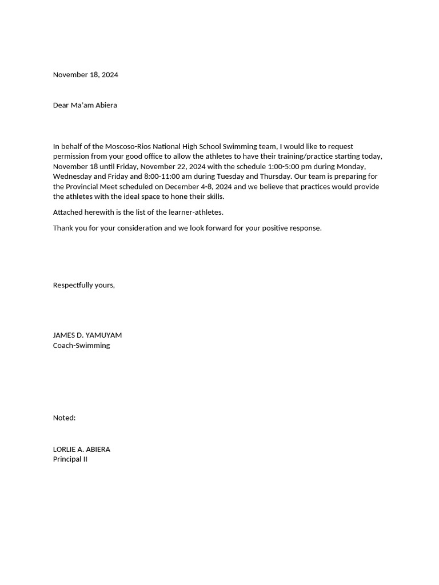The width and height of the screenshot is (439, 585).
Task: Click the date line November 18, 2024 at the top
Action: pyautogui.click(x=86, y=75)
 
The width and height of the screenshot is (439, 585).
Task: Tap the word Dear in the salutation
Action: pyautogui.click(x=61, y=105)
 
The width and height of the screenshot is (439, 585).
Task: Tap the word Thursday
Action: pyautogui.click(x=276, y=177)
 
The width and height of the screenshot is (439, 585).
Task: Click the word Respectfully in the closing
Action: pyautogui.click(x=73, y=285)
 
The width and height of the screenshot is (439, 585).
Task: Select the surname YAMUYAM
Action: pyautogui.click(x=103, y=335)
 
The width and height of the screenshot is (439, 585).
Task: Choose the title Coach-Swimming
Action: pyautogui.click(x=82, y=346)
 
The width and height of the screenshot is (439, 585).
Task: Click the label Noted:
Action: pyautogui.click(x=64, y=418)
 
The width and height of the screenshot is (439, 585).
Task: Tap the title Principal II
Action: pyautogui.click(x=70, y=459)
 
